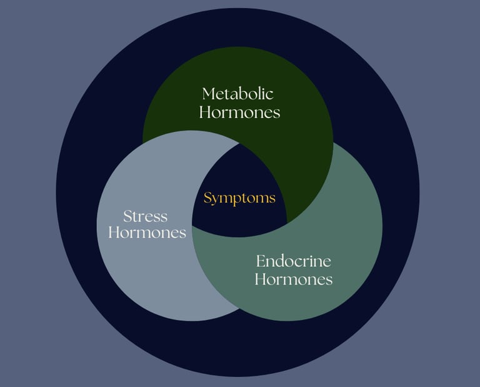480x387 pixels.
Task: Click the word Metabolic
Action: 238,94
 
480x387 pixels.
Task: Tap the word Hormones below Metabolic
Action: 239,113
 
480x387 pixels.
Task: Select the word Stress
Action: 146,217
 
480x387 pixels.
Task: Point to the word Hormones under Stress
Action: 147,233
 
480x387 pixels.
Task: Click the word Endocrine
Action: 293,261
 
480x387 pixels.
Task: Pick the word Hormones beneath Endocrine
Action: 293,279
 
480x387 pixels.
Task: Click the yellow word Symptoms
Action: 239,198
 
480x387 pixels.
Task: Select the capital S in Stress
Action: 127,217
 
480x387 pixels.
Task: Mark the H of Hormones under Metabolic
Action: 204,113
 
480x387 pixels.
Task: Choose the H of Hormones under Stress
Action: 113,233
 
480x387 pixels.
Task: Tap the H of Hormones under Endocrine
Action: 259,279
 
